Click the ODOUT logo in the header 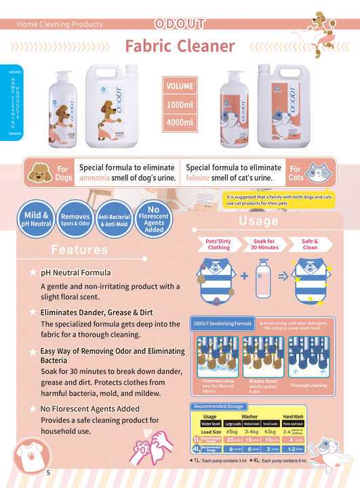(x=180, y=24)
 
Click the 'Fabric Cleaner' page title (x=180, y=46)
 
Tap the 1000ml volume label (x=180, y=105)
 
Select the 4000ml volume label (x=180, y=122)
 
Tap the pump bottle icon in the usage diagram (x=262, y=278)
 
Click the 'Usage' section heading (x=259, y=221)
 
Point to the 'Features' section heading (x=79, y=249)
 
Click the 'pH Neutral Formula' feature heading (x=75, y=273)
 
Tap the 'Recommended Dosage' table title (x=214, y=407)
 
